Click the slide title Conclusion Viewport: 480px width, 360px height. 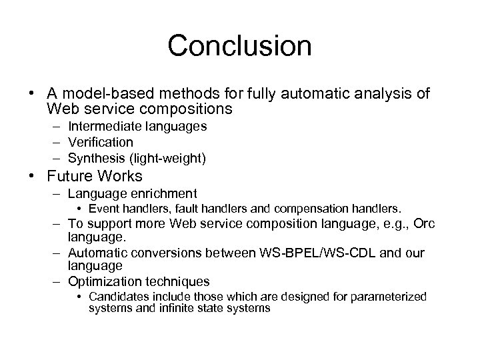pos(239,46)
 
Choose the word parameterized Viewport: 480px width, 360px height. pos(393,296)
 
